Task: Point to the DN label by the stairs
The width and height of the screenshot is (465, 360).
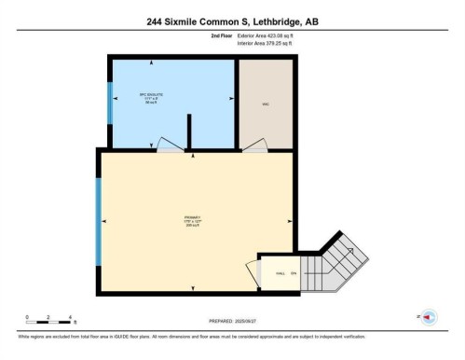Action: tap(293, 272)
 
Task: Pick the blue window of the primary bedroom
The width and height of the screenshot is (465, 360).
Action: tap(98, 220)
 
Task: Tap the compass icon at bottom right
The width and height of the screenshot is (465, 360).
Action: tap(429, 317)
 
